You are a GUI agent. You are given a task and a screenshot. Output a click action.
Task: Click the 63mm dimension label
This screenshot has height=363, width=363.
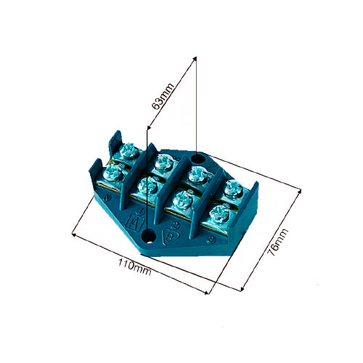tap(163, 96)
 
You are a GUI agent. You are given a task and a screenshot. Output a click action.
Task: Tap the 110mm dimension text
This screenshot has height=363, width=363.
tap(134, 266)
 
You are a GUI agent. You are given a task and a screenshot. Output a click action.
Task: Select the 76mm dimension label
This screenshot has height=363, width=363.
tap(277, 242)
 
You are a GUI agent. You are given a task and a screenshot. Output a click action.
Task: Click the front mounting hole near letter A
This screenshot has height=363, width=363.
tap(148, 235)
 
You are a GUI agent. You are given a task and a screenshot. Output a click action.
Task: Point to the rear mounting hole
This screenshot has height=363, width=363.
tap(198, 159)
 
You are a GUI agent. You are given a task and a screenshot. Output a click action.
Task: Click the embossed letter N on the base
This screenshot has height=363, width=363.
tap(106, 197)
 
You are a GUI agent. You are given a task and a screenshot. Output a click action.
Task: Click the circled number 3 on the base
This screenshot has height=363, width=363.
tap(211, 240)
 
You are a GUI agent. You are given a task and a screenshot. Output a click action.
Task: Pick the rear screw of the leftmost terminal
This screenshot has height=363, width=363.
tap(129, 150)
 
